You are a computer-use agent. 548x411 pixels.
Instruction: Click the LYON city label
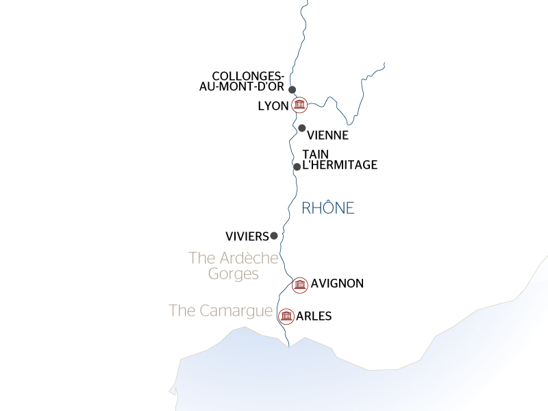pyautogui.click(x=273, y=106)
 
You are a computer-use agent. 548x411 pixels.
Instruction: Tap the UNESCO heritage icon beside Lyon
pyautogui.click(x=299, y=105)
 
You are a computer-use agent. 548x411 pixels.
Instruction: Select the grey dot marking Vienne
pyautogui.click(x=301, y=128)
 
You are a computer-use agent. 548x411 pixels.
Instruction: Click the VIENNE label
pyautogui.click(x=328, y=135)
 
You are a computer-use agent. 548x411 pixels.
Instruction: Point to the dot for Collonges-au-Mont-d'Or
pyautogui.click(x=292, y=90)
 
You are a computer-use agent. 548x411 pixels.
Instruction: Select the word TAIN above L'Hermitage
pyautogui.click(x=314, y=155)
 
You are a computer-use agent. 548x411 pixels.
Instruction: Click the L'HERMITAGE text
pyautogui.click(x=340, y=165)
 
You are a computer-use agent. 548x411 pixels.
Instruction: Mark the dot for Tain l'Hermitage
pyautogui.click(x=297, y=166)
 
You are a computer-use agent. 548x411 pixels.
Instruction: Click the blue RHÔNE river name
pyautogui.click(x=328, y=208)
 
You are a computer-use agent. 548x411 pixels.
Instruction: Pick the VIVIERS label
pyautogui.click(x=247, y=236)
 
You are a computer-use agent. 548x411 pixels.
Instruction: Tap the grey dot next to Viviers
pyautogui.click(x=274, y=236)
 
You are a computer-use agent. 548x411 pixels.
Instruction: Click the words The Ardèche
pyautogui.click(x=234, y=258)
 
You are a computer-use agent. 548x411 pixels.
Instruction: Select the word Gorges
pyautogui.click(x=233, y=274)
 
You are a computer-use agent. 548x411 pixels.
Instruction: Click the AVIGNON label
pyautogui.click(x=337, y=283)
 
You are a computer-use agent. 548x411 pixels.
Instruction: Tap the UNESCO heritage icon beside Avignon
pyautogui.click(x=299, y=284)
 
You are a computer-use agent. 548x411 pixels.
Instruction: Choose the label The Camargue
pyautogui.click(x=221, y=310)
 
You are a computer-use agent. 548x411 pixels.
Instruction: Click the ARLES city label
pyautogui.click(x=314, y=316)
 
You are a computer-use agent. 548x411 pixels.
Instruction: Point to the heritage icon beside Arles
pyautogui.click(x=286, y=316)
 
